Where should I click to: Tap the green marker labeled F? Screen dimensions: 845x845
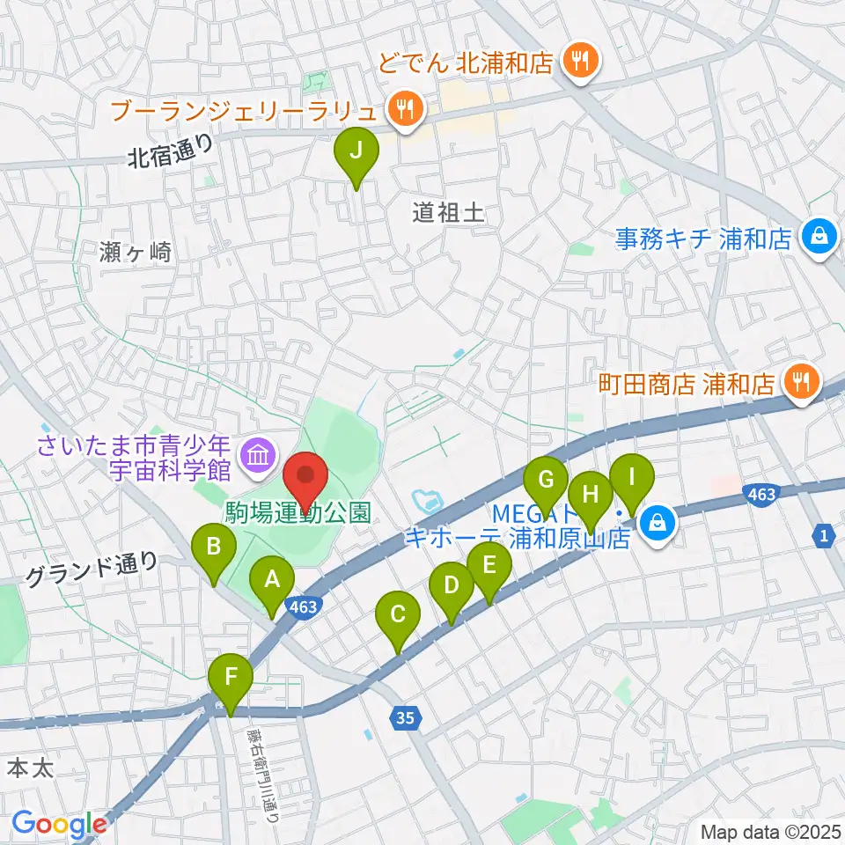click(231, 680)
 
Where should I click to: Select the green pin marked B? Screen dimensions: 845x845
click(213, 549)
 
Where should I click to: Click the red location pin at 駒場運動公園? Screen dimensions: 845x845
click(306, 476)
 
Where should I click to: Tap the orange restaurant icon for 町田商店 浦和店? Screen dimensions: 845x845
click(801, 383)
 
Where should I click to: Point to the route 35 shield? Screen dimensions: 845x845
click(404, 719)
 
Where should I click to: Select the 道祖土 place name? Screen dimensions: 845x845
click(449, 212)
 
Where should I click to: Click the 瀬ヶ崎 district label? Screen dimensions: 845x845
click(136, 252)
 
